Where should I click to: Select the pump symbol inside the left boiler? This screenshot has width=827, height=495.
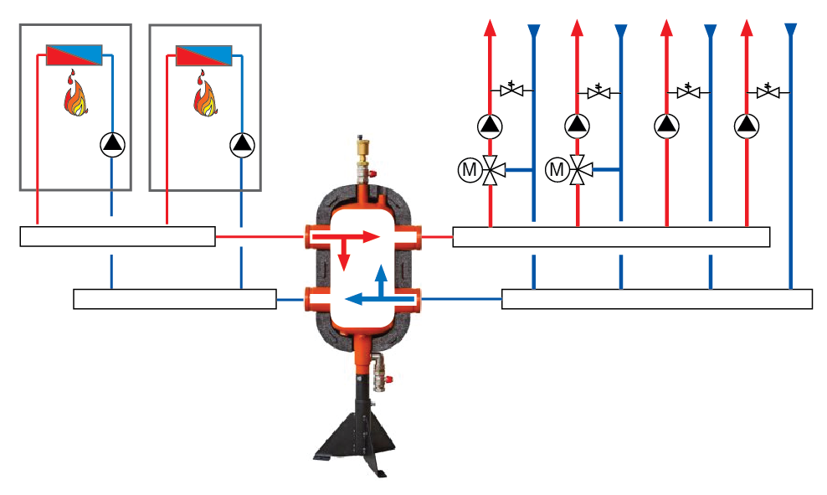(x=111, y=145)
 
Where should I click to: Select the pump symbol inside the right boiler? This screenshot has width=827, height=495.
(x=241, y=145)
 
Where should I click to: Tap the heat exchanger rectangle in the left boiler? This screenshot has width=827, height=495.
(x=74, y=55)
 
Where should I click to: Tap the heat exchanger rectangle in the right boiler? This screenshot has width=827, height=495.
(x=204, y=55)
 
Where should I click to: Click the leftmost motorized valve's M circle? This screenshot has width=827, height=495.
(x=470, y=171)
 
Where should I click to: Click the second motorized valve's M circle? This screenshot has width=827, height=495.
(x=556, y=171)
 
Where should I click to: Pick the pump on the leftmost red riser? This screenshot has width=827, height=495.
(x=491, y=126)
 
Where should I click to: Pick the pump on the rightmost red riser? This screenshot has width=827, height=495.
(x=746, y=126)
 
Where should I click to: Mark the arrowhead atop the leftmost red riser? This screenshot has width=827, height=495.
(x=491, y=28)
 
